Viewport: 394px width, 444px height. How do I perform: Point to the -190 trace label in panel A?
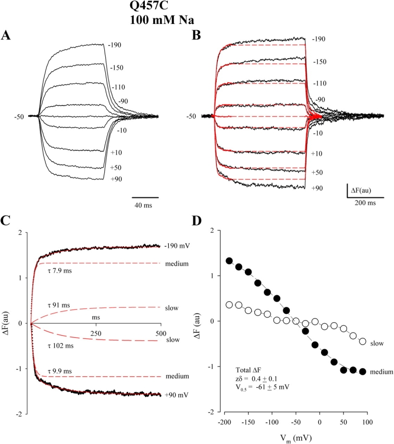coord(115,45)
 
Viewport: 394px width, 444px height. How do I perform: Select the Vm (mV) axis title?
coord(289,438)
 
